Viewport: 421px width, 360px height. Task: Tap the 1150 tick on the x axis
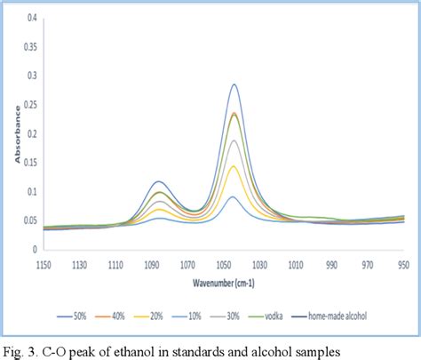coord(43,263)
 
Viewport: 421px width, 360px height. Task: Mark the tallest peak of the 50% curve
coord(234,84)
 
